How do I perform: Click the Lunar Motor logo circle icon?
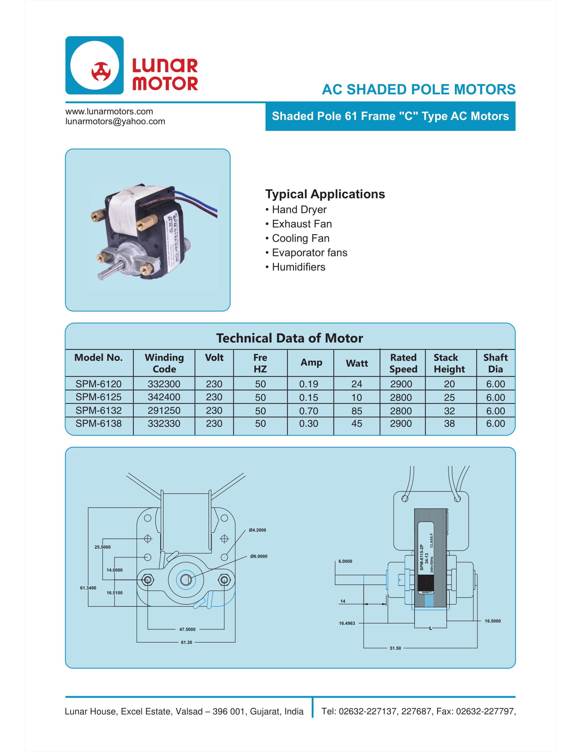tap(94, 65)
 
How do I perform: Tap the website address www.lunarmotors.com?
tap(109, 111)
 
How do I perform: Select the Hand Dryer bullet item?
tap(299, 209)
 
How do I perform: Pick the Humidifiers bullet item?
tap(298, 267)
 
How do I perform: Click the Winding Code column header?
tap(164, 363)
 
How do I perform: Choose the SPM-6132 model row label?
tap(98, 411)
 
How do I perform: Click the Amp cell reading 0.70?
tap(308, 411)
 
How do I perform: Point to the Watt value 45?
tap(356, 424)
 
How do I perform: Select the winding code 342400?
tap(164, 397)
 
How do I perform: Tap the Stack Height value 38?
tap(449, 424)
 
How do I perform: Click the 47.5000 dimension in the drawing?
tap(187, 629)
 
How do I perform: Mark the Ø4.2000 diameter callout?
tap(257, 530)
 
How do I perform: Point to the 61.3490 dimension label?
tap(88, 588)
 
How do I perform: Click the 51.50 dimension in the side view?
tap(395, 648)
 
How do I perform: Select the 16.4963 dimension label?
tap(347, 623)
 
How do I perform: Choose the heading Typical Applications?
tap(325, 194)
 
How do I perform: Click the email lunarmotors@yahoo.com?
tap(115, 122)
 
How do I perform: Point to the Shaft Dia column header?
tap(495, 363)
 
